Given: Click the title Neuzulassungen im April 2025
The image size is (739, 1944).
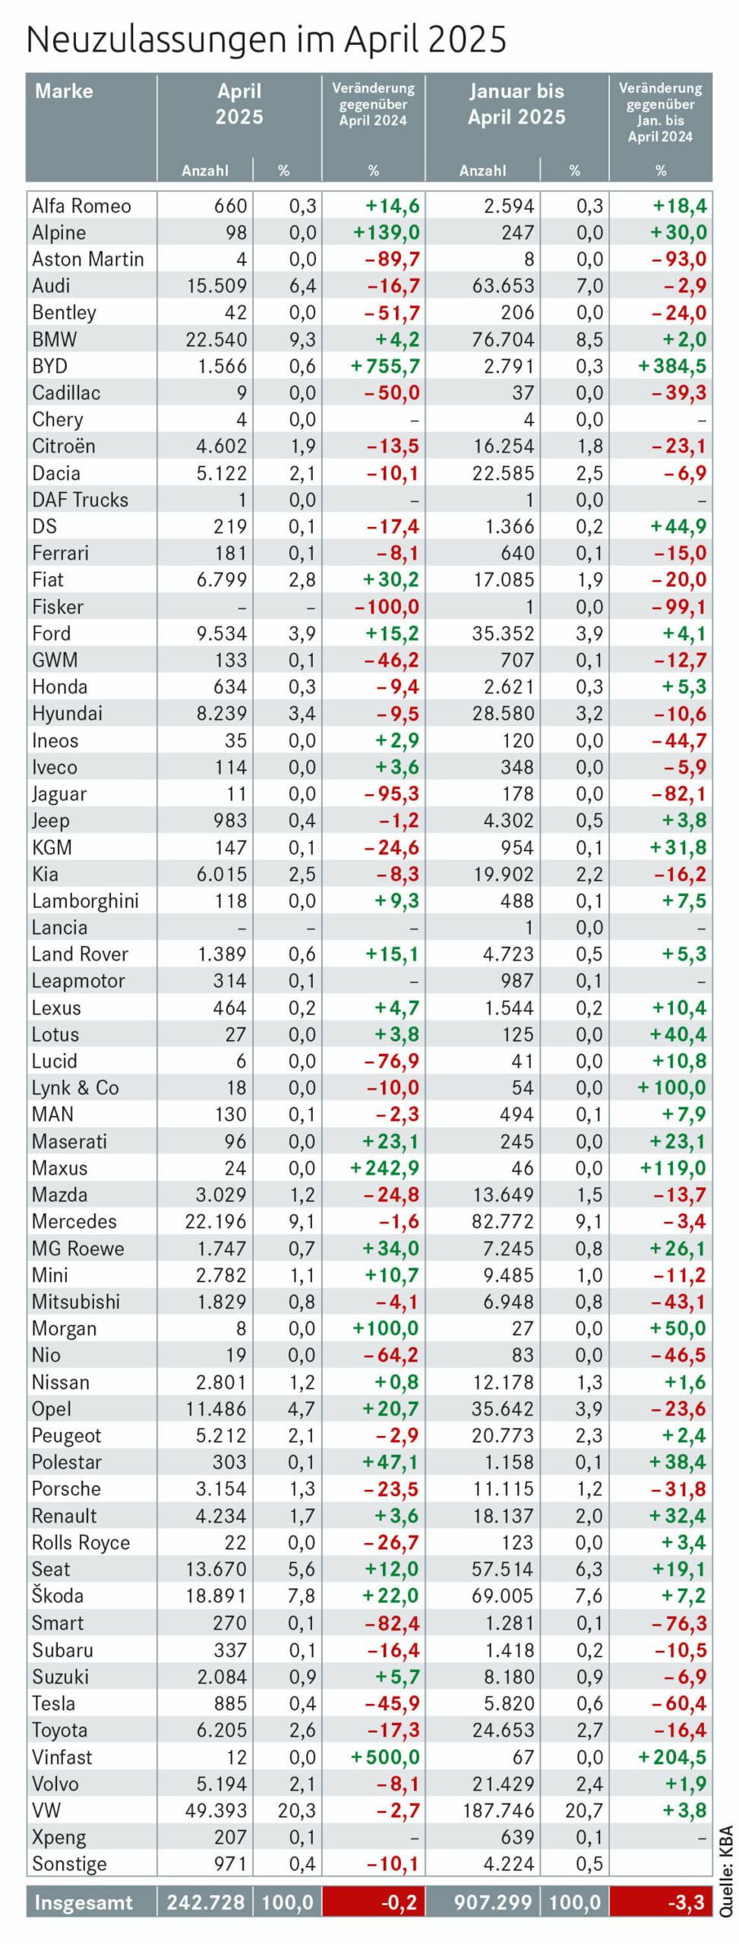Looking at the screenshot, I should tap(266, 39).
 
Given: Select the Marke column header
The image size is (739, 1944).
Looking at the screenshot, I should tap(64, 91).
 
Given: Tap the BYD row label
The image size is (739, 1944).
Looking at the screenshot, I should tap(50, 366).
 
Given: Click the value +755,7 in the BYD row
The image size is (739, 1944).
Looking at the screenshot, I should tap(385, 366).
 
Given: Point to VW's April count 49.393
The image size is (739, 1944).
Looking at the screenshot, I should tap(216, 1810).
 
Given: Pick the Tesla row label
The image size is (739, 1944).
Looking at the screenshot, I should tap(53, 1703).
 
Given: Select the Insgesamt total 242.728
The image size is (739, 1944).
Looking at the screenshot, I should tap(205, 1902).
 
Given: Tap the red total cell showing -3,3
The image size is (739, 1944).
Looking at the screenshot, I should tap(661, 1902).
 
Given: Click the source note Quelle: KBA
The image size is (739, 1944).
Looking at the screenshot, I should tap(726, 1860).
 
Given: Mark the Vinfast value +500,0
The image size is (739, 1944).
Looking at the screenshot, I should tap(385, 1757).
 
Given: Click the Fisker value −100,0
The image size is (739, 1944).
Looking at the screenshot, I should tap(387, 607).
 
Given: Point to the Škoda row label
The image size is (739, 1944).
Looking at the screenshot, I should tap(58, 1596).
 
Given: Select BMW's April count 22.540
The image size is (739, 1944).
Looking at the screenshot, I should tap(216, 339).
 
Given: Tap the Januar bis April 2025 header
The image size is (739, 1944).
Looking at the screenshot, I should tap(516, 104).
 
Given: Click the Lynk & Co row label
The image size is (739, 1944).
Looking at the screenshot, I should tap(75, 1088).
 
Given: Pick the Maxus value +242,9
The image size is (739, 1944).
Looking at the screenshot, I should tap(385, 1168).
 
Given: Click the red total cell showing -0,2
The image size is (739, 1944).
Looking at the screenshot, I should tap(374, 1902).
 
